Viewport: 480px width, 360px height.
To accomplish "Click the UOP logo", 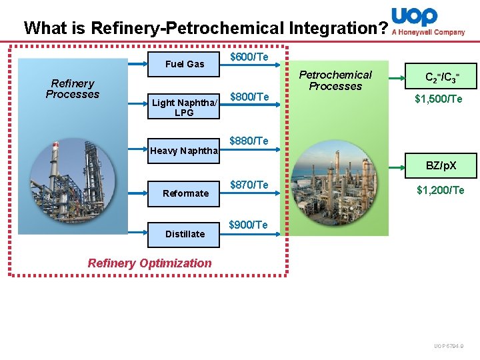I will (415, 17).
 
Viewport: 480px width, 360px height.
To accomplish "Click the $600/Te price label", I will (249, 57).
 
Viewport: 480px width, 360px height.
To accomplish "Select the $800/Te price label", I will (249, 97).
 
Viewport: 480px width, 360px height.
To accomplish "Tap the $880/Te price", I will (249, 141).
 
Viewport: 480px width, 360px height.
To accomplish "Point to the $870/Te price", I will (249, 184).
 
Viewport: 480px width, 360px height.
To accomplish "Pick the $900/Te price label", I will (248, 225).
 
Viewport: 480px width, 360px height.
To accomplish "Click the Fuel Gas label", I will (185, 64).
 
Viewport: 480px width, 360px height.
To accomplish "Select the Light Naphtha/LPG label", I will (185, 107).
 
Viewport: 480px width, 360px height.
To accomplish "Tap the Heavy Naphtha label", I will (184, 151).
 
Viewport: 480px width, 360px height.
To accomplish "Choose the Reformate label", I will (185, 193).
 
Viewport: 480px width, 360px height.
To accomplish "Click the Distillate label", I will (185, 234).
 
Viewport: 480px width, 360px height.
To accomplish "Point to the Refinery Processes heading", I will (72, 89).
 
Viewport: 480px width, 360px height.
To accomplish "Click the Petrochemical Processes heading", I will (335, 80).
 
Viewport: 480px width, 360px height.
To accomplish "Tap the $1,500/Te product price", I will (439, 99).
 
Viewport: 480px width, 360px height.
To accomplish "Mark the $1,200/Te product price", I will (440, 191).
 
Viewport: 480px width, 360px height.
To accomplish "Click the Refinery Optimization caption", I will (149, 263).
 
